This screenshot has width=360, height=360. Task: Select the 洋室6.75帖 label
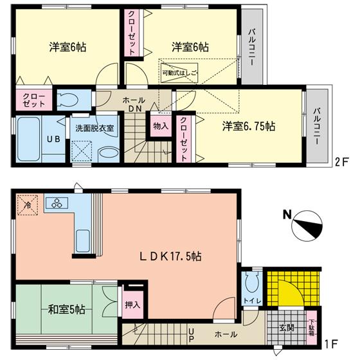point(249,127)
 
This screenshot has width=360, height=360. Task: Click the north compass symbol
point(305,226)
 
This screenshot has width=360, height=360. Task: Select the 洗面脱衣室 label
point(93,127)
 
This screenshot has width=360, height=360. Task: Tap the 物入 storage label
point(160,126)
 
